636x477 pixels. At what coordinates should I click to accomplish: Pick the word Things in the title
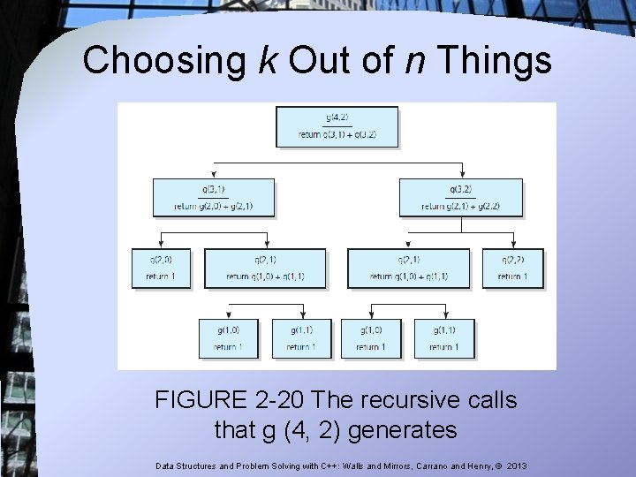(x=494, y=61)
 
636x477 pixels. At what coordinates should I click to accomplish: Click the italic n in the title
(x=410, y=61)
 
